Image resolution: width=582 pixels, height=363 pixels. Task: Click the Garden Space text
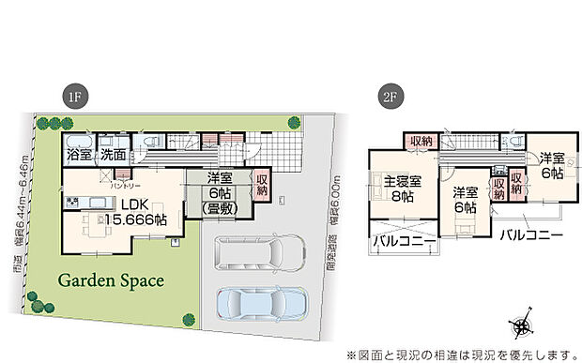111,280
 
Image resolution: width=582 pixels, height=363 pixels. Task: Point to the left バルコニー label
404,242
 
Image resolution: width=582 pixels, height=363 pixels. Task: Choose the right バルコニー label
529,232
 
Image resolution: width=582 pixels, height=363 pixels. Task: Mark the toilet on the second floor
515,141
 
